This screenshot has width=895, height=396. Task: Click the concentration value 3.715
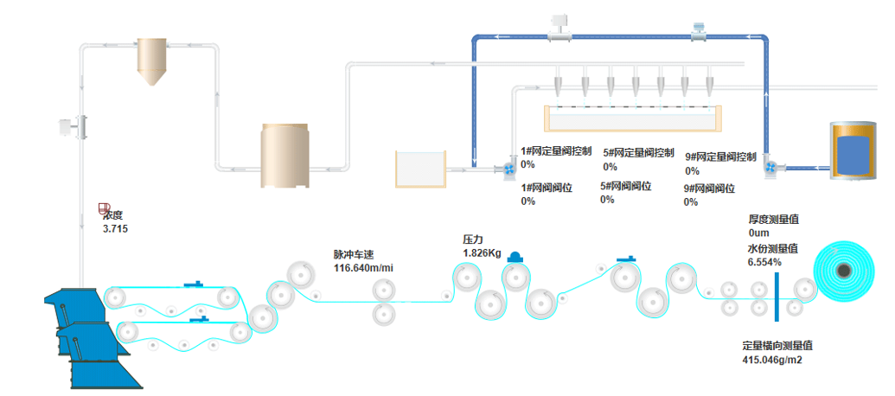pos(115,229)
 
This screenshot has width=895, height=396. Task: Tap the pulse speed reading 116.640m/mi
pos(363,267)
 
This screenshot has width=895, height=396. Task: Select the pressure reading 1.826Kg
pos(483,252)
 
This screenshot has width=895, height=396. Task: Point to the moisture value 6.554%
pos(764,262)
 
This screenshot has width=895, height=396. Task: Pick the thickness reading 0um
pos(759,233)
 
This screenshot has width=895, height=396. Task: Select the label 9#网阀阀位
pos(709,188)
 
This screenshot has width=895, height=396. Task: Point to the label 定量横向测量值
pos(777,345)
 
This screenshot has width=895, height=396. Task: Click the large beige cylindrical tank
pos(284,156)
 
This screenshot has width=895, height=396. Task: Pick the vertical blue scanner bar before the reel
pos(777,297)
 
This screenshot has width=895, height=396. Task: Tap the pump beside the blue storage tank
pos(771,167)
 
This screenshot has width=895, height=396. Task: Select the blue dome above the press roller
pos(515,258)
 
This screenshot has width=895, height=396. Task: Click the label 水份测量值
pos(772,248)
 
